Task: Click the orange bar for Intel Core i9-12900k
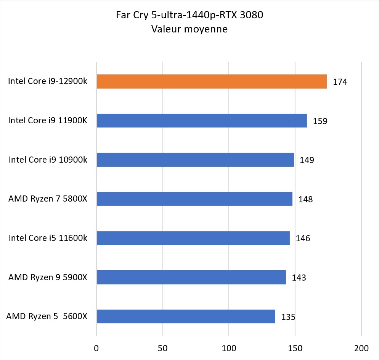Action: pos(212,81)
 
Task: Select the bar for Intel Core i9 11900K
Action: pos(202,121)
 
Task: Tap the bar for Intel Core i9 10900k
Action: pos(195,160)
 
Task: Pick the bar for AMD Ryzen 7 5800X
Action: pos(194,199)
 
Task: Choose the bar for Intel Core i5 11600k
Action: pos(193,238)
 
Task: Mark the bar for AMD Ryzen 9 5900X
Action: pos(191,277)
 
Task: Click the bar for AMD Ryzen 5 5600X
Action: pos(186,316)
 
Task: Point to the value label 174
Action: pos(340,82)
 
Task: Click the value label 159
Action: pos(320,121)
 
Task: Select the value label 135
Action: pos(288,317)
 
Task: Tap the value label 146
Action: pos(303,239)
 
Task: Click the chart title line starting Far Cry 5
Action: pos(189,15)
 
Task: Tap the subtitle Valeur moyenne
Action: pos(189,29)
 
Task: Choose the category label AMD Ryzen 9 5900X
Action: pos(48,277)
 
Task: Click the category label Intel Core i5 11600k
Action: pos(48,238)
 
